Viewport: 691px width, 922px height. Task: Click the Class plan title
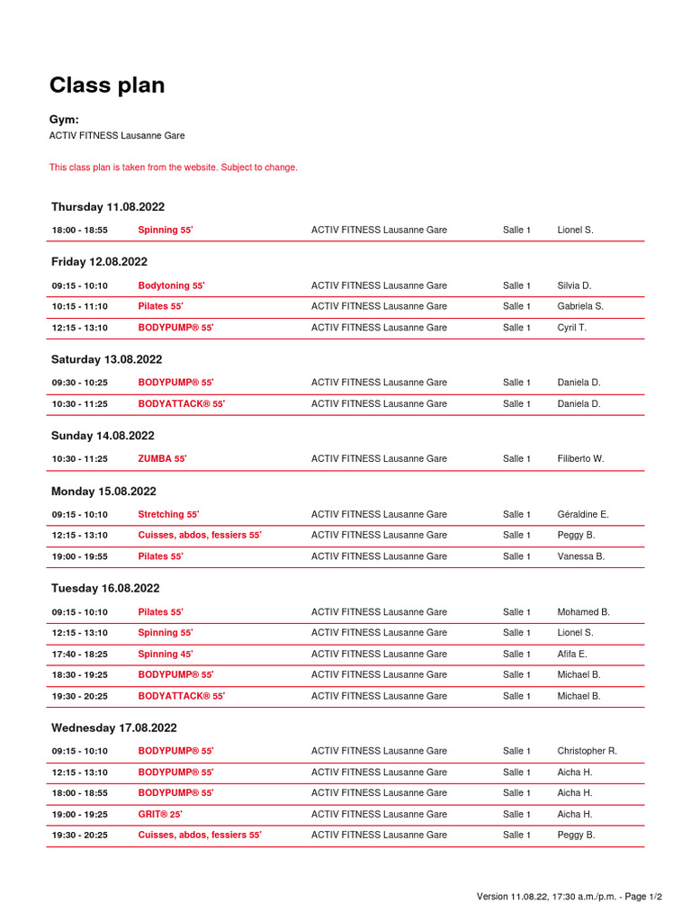(107, 86)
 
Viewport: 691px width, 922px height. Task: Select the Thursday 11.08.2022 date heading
(108, 207)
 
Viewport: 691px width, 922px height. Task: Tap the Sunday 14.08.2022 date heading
(103, 436)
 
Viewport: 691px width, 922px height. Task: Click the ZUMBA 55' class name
(162, 459)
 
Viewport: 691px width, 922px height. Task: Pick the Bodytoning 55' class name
(171, 286)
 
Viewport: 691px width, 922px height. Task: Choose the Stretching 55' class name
(168, 515)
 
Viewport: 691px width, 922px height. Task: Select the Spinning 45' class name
(166, 655)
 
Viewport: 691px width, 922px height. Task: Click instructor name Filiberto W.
(580, 459)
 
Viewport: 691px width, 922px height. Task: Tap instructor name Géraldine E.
(583, 515)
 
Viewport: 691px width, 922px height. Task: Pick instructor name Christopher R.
(587, 751)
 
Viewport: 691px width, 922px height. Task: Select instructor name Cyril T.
(571, 328)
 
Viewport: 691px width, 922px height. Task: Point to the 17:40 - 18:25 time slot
(79, 655)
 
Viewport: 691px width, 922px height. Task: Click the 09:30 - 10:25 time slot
(79, 383)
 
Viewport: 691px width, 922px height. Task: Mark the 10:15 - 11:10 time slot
(79, 307)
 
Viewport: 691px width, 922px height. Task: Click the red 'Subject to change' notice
(173, 167)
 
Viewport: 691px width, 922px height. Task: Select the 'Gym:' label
(64, 120)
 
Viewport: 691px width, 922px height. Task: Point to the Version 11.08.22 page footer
(569, 897)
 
